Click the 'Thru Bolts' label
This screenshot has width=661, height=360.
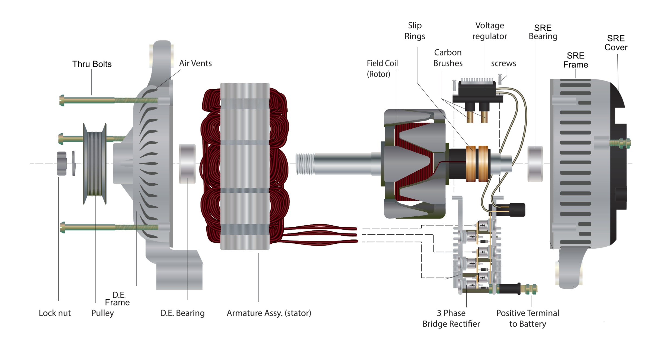point(92,64)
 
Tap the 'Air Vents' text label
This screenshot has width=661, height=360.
point(195,63)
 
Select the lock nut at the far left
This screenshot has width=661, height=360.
point(62,163)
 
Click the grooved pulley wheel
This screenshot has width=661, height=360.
point(94,163)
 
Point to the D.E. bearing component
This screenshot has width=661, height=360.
point(187,163)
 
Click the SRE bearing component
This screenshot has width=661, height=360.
point(535,163)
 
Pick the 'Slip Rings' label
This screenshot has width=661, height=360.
point(415,31)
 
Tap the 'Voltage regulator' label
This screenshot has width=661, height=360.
point(489,31)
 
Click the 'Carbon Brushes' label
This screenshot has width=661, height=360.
point(448,58)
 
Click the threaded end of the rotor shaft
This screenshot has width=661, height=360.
point(305,163)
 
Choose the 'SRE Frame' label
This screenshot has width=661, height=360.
point(575,60)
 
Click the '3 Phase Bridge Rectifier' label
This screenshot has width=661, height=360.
point(451,318)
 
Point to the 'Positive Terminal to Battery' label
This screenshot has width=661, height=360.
point(527,318)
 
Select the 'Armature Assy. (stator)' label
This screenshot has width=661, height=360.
point(269,313)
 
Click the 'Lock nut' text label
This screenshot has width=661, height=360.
point(54,313)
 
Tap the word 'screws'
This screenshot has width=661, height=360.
point(503,63)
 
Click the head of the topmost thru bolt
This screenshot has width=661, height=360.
point(62,100)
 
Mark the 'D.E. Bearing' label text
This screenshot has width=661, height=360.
point(182,313)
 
